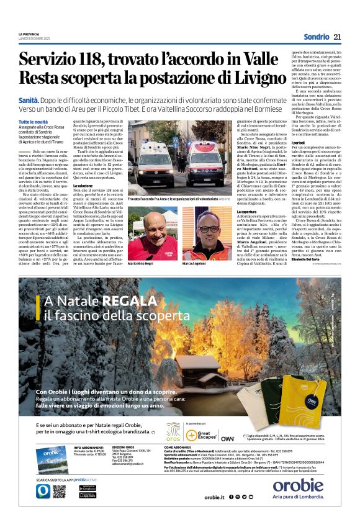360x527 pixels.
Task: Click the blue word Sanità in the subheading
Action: [29, 99]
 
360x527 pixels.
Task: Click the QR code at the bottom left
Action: [59, 491]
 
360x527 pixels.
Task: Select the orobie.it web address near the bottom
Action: [214, 497]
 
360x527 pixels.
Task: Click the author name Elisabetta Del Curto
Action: [298, 259]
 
